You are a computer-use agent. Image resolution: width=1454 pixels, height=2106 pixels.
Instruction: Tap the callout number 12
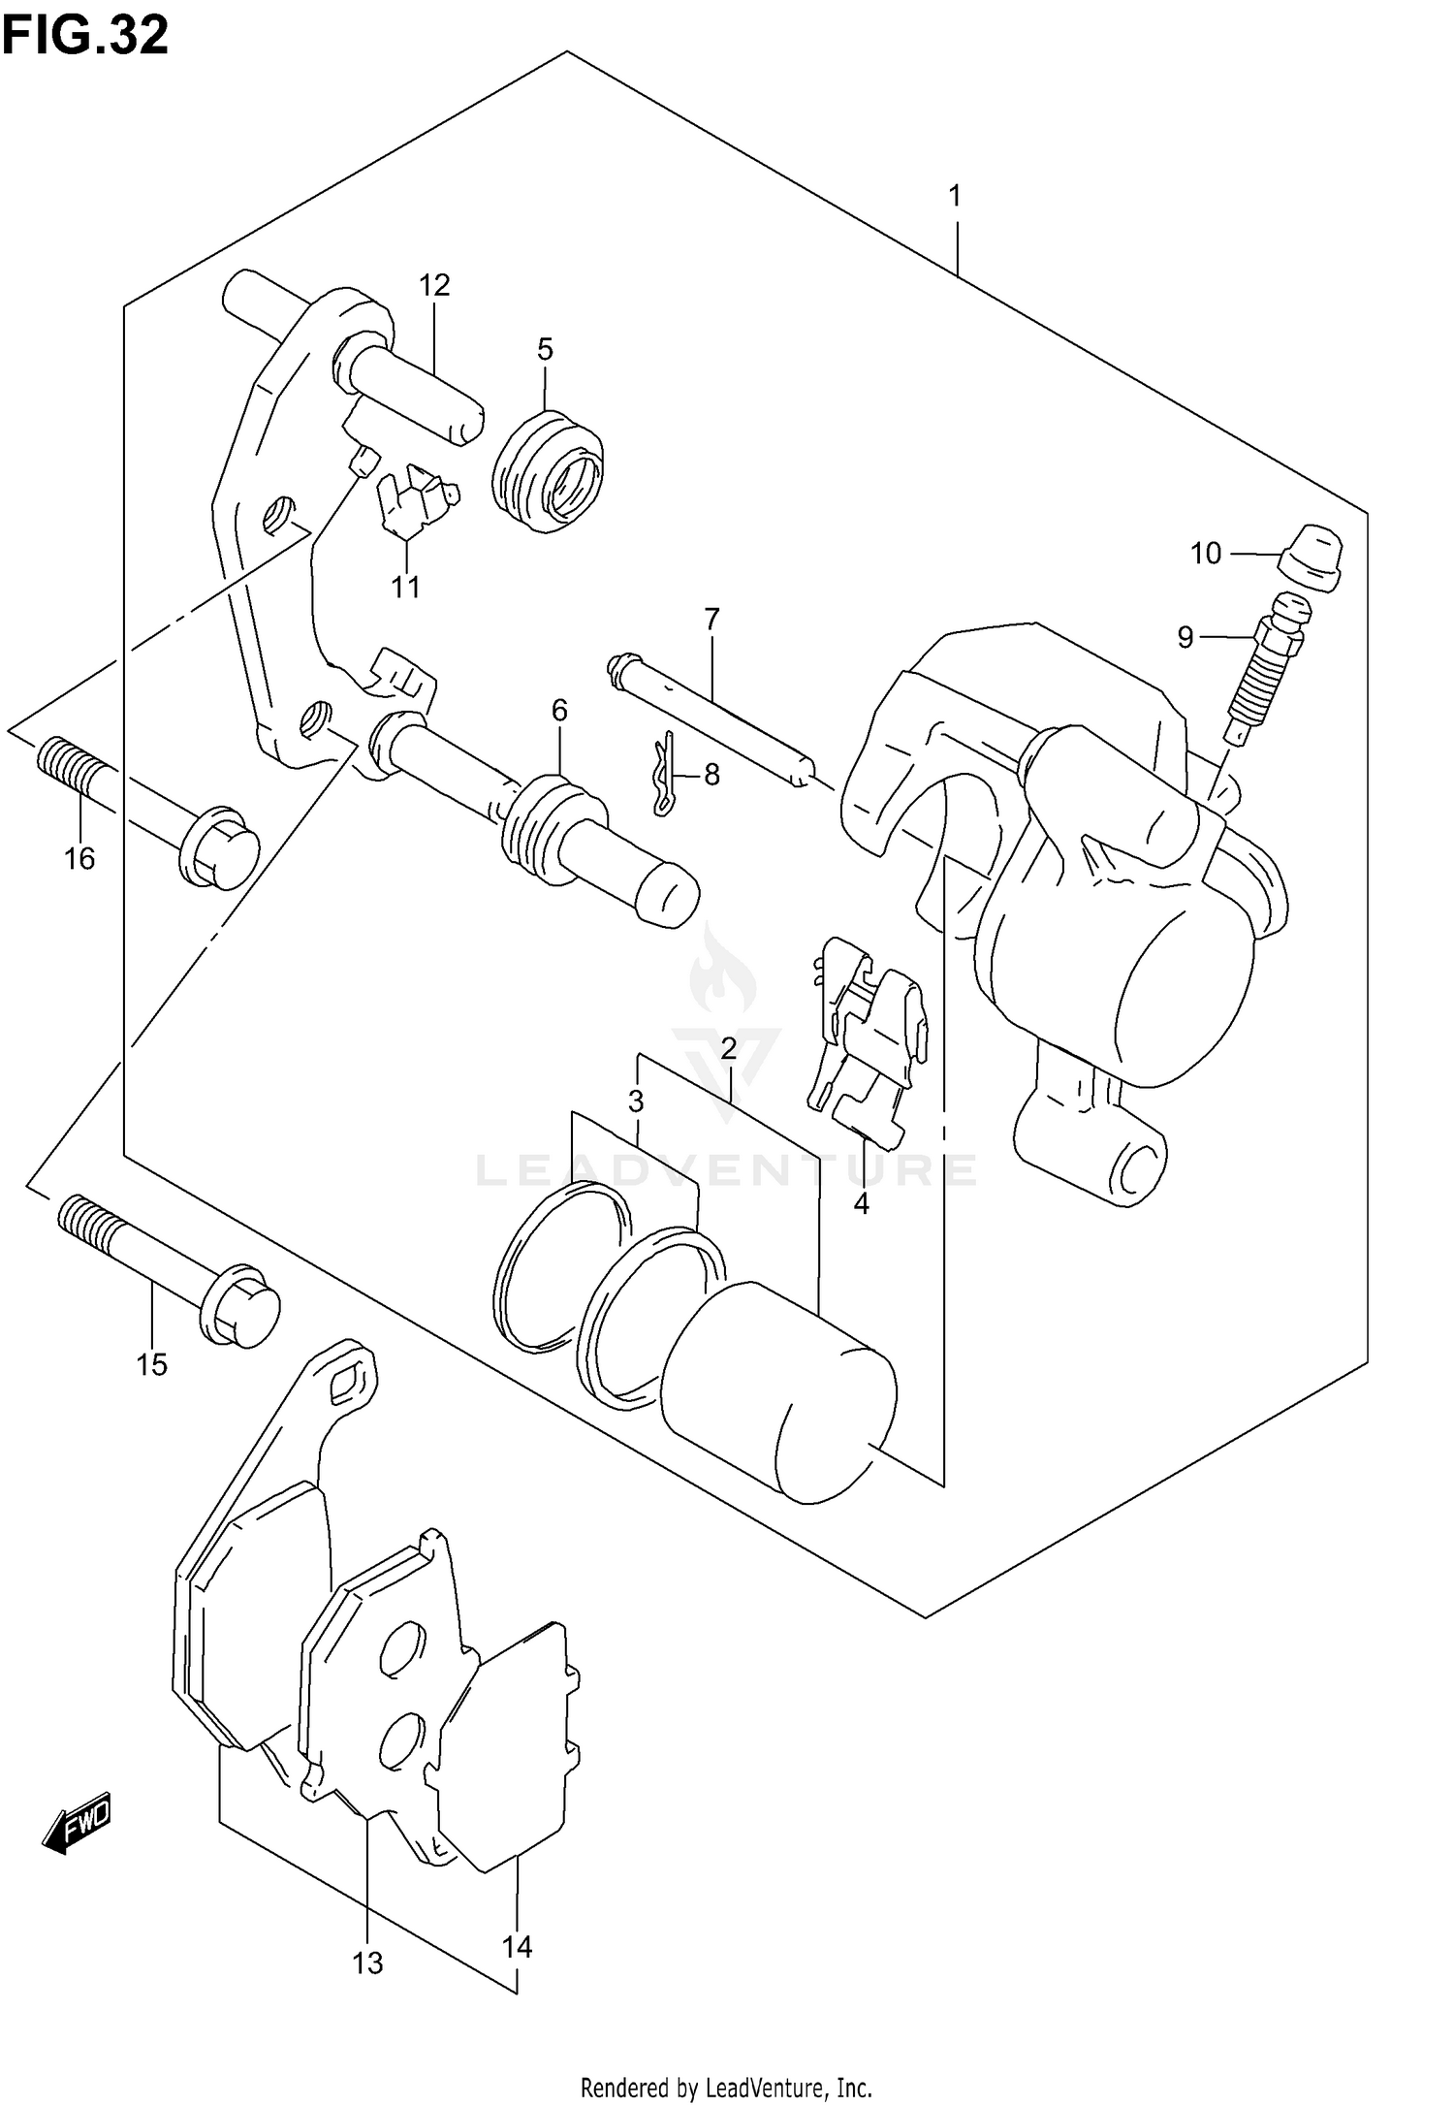tap(435, 285)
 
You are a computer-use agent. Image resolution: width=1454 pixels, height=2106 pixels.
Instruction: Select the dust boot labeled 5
tap(548, 473)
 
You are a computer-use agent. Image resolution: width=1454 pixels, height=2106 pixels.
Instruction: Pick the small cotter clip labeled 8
tap(663, 773)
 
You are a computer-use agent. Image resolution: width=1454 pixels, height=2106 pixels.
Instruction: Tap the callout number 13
tap(368, 1963)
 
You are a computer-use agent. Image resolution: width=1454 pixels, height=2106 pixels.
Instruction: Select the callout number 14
tap(518, 1947)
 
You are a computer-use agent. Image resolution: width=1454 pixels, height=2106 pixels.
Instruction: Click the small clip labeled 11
tap(417, 502)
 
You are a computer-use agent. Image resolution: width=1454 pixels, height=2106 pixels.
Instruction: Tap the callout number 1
tap(955, 197)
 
